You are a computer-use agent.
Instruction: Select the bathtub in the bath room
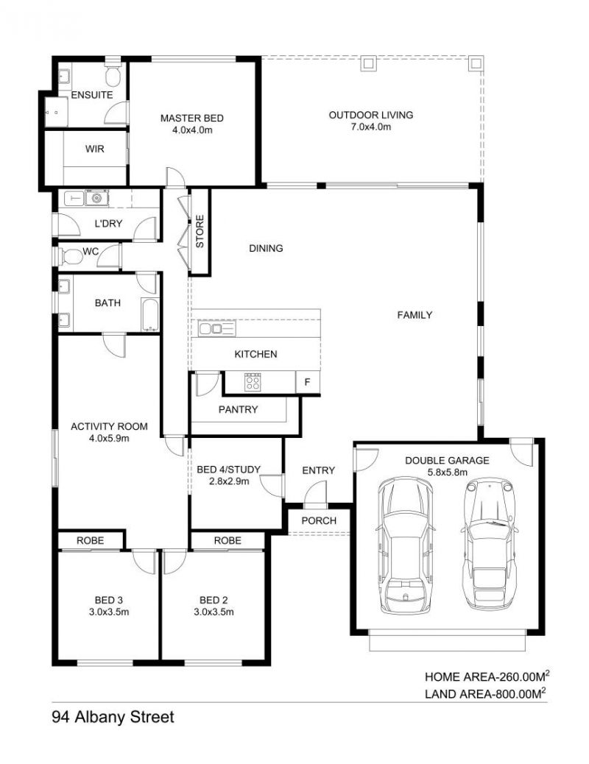click(149, 314)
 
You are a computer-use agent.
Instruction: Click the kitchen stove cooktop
click(253, 382)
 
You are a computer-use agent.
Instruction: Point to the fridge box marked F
click(308, 382)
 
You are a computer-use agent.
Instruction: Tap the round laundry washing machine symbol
click(96, 198)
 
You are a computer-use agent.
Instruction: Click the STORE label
click(200, 231)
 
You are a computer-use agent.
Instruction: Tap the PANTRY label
click(238, 409)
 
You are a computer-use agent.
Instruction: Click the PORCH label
click(319, 520)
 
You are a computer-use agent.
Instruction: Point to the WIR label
click(94, 149)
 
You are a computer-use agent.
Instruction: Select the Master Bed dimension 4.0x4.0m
click(192, 130)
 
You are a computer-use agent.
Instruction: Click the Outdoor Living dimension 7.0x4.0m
click(371, 127)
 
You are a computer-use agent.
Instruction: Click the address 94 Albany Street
click(113, 717)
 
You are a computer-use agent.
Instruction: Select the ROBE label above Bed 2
click(228, 540)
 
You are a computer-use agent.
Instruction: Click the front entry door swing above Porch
click(315, 493)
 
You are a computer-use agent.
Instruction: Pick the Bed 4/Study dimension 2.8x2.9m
click(229, 481)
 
